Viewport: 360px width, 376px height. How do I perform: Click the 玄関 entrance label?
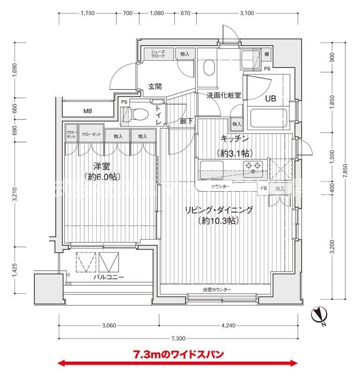pos(155,86)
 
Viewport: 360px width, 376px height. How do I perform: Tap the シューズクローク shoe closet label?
pos(158,54)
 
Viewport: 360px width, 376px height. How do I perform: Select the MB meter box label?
pos(88,111)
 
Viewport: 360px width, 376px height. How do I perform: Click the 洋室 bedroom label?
pos(101,166)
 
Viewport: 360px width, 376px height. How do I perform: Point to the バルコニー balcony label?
pos(108,277)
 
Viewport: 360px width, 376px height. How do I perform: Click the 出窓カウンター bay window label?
pos(217,290)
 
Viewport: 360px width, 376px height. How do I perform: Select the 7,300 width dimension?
pos(178,338)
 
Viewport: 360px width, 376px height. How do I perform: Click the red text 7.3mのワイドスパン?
pos(178,353)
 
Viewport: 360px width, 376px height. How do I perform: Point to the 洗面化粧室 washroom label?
pos(224,95)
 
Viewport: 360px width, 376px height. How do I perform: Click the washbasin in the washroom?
pos(208,69)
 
